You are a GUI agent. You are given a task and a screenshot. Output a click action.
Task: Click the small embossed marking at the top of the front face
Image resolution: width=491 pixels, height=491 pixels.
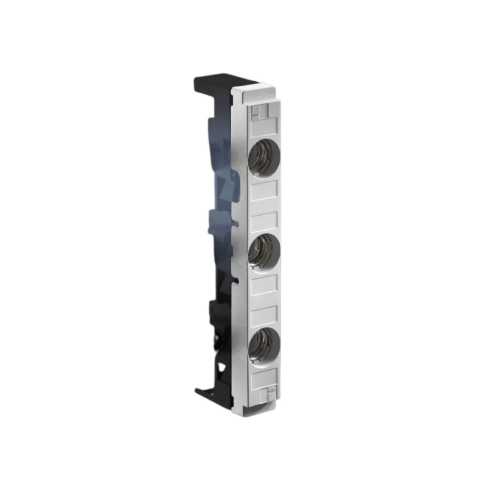click(255, 112)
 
